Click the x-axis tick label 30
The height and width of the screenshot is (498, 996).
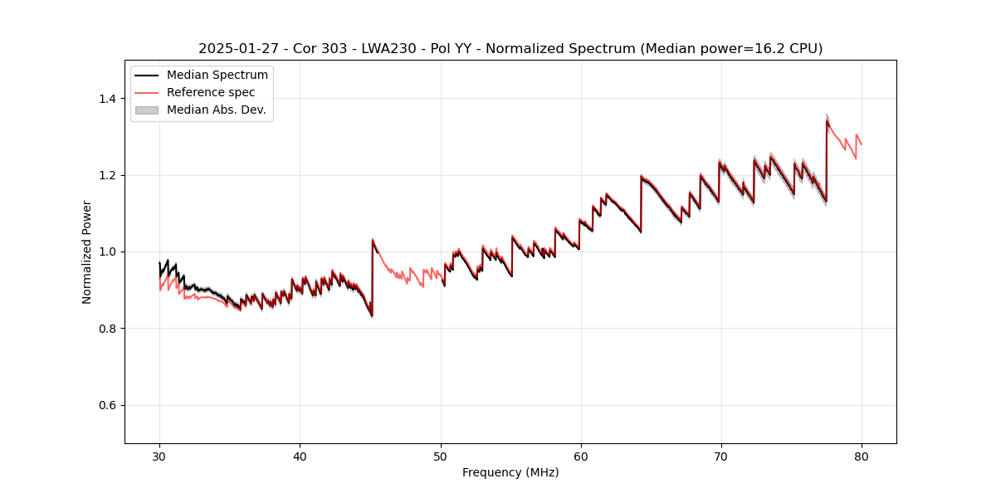[x=159, y=456]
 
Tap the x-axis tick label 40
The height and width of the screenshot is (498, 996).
[x=300, y=456]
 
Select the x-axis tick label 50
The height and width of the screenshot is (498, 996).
[x=440, y=456]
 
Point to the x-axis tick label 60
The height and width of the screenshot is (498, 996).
[x=581, y=456]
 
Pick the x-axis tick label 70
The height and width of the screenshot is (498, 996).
[x=721, y=456]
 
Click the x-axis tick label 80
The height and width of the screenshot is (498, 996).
[x=862, y=456]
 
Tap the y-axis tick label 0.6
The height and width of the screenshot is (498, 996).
[x=107, y=405]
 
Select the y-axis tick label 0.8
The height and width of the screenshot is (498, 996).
[x=107, y=329]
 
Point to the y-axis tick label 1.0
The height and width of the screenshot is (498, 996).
[x=107, y=251]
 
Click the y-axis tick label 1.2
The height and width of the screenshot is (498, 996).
[x=107, y=175]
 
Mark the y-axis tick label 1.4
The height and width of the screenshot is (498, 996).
[x=107, y=99]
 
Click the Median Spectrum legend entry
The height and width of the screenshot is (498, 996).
[x=217, y=76]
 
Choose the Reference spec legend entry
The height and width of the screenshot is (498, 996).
[x=211, y=92]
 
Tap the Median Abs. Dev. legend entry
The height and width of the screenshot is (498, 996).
[x=216, y=110]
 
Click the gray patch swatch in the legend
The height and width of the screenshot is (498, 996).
[x=147, y=110]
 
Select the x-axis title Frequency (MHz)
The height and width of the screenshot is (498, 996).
[x=510, y=472]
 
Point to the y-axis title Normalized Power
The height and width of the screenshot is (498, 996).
[x=86, y=251]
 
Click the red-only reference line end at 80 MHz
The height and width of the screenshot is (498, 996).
[x=861, y=144]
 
